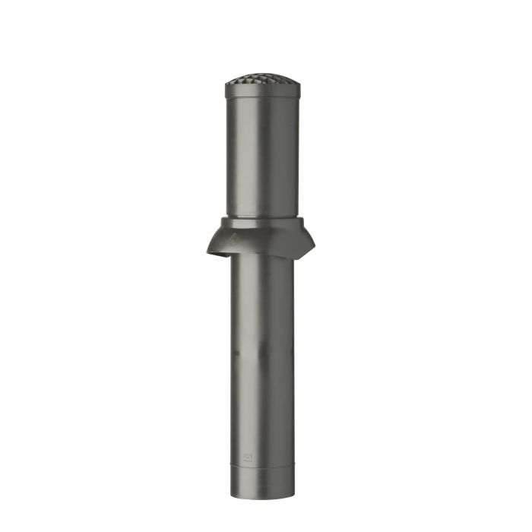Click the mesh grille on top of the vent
(262, 79)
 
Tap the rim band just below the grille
(262, 91)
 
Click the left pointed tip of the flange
(206, 252)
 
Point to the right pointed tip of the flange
(313, 245)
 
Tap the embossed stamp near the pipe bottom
(248, 457)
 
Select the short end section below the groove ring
(262, 479)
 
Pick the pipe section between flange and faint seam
(262, 304)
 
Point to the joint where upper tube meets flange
(262, 217)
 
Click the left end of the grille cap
(226, 86)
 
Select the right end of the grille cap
(299, 85)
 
